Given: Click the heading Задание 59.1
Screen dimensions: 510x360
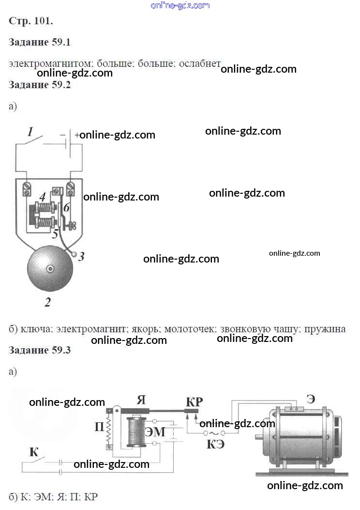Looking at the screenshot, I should [40, 42].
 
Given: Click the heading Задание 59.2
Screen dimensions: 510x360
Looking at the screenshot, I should [40, 85].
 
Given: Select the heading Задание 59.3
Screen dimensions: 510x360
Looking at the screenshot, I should [40, 350].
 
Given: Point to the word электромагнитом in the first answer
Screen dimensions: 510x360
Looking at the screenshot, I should [51, 63].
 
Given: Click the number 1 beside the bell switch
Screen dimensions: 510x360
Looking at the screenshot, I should [30, 131].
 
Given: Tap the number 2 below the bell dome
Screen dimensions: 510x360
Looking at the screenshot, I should [47, 303].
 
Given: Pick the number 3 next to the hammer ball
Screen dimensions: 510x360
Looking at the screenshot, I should [81, 257].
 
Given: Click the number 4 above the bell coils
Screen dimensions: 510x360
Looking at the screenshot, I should [43, 197].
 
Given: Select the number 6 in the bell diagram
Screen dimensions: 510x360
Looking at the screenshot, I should [67, 207].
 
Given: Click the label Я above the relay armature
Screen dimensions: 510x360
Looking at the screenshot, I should [141, 400].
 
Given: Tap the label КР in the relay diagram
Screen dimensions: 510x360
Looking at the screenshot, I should [195, 402].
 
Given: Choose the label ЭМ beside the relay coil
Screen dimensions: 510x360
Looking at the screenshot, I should [155, 432].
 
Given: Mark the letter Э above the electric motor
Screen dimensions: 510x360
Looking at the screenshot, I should [311, 400].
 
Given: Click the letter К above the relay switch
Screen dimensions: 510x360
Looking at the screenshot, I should [34, 452].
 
